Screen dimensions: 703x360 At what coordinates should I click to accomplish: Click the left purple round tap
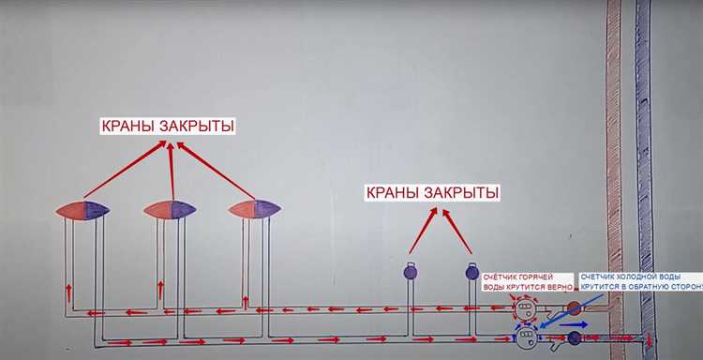coord(410,273)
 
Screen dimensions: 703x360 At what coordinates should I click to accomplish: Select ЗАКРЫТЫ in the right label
coord(462,193)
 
